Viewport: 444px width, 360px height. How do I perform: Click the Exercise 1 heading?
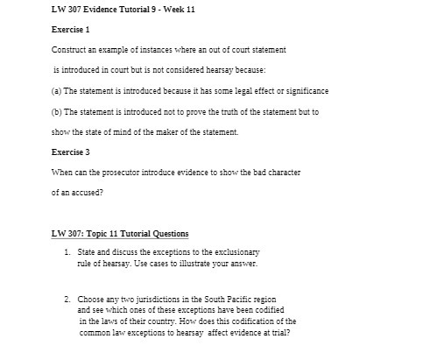point(72,29)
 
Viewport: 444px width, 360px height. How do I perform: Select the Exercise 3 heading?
point(72,152)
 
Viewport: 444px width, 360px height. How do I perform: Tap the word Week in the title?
point(170,9)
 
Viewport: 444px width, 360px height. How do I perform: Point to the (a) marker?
point(57,90)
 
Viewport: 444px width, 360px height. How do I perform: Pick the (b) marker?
point(57,112)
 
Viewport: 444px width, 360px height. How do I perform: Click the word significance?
point(307,90)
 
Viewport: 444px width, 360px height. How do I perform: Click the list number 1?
point(67,251)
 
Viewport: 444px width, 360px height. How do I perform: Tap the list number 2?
point(67,300)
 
